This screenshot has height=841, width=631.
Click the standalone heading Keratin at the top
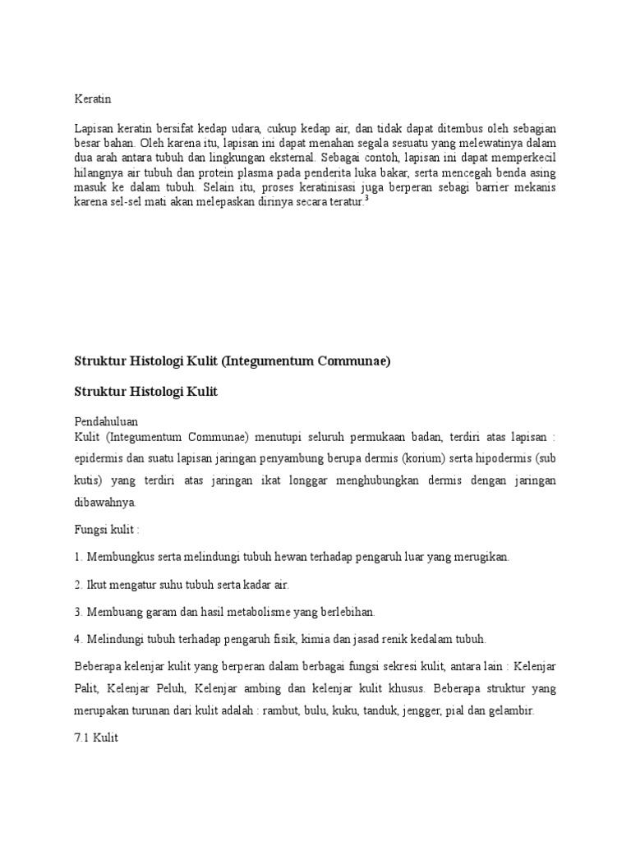coord(92,99)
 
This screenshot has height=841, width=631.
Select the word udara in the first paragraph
coord(246,128)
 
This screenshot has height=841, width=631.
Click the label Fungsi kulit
coord(106,531)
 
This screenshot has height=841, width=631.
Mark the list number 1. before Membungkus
coord(78,557)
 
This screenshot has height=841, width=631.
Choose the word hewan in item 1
coord(269,557)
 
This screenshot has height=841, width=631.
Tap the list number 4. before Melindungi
coord(78,639)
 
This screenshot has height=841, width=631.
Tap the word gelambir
coord(511,711)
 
